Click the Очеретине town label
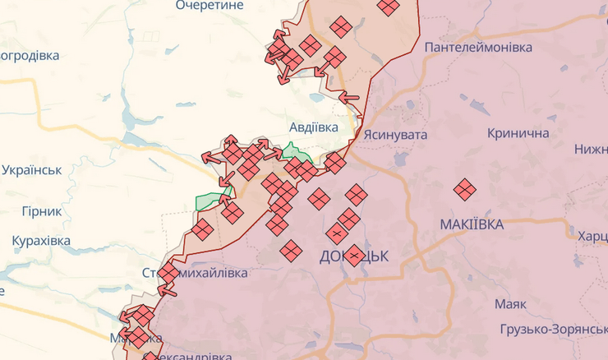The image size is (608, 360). (210, 6)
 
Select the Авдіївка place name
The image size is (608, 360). (314, 128)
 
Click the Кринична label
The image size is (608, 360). (518, 133)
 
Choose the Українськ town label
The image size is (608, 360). (31, 170)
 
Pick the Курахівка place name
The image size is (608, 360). (41, 241)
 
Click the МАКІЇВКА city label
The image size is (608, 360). (472, 224)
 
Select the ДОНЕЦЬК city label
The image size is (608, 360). (353, 256)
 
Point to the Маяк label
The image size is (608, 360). (509, 304)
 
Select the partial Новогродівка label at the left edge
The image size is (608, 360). (30, 56)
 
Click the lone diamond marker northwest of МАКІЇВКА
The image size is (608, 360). (465, 189)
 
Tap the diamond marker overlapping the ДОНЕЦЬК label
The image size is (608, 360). (354, 255)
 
